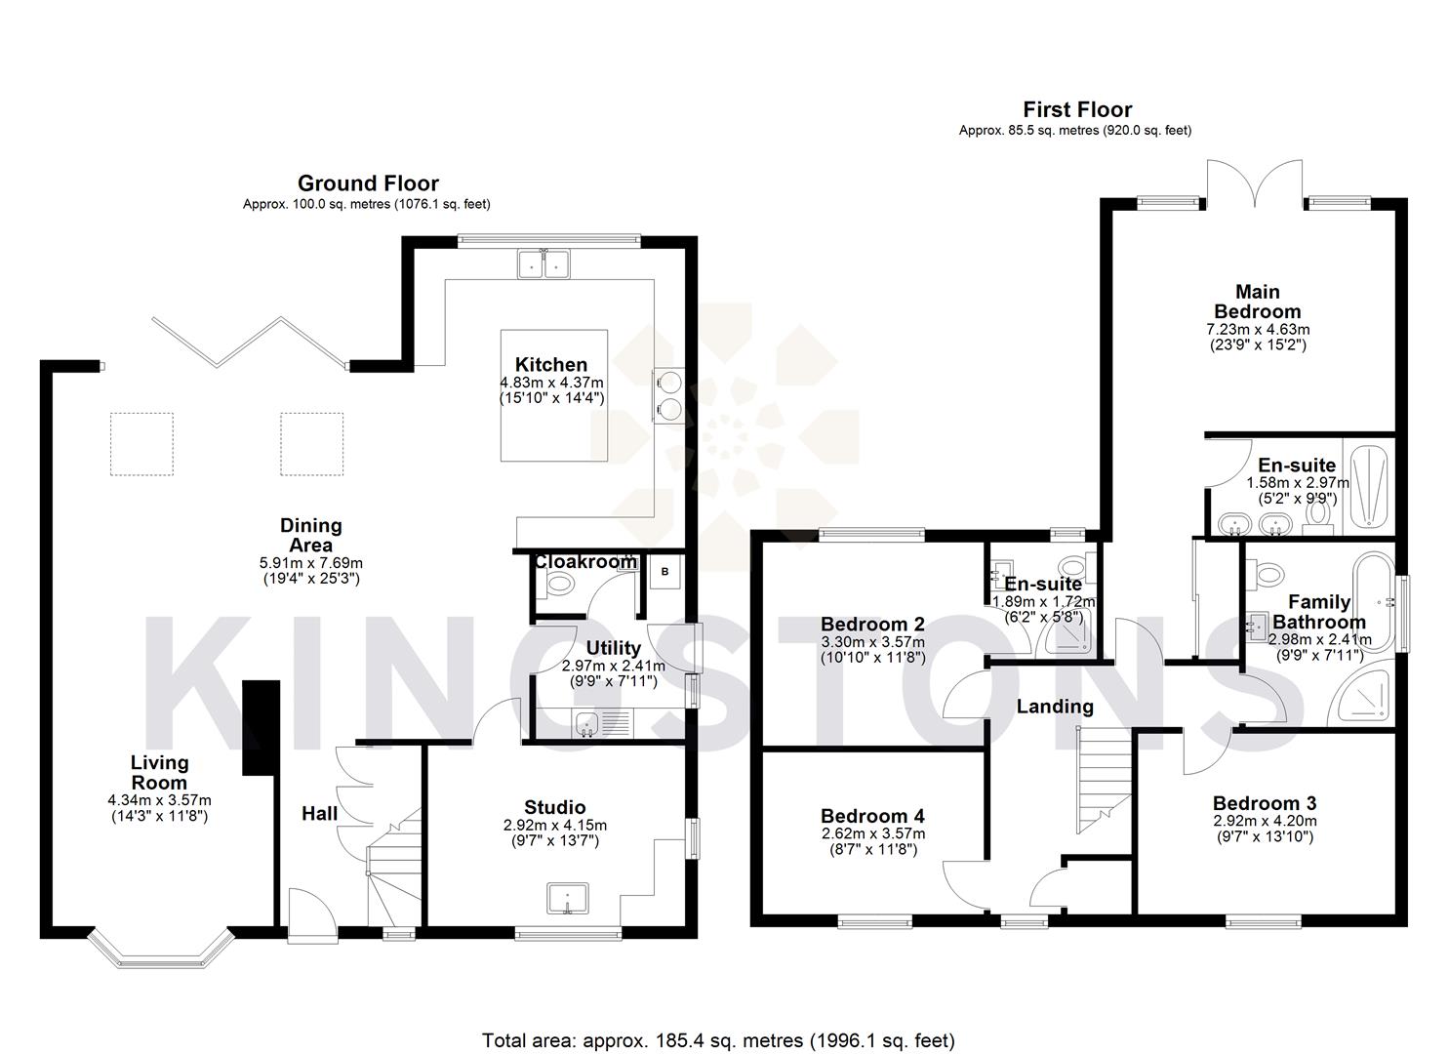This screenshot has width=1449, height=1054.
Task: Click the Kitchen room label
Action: click(x=551, y=365)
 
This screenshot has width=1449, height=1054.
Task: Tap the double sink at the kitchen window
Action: click(x=543, y=263)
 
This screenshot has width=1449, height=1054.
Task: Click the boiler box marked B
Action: click(x=665, y=572)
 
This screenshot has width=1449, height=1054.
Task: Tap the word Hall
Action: click(x=319, y=814)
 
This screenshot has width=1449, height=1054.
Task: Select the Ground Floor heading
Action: click(x=368, y=183)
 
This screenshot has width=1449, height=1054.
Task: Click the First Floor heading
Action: click(x=1076, y=109)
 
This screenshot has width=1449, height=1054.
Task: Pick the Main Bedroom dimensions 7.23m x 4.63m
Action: click(x=1258, y=330)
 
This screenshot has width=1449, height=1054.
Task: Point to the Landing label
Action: click(x=1055, y=706)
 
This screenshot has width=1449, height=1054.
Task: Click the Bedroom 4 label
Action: click(x=872, y=816)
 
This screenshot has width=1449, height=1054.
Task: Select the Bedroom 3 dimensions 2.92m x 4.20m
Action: click(x=1265, y=821)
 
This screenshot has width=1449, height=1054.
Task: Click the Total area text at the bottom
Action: click(x=718, y=1040)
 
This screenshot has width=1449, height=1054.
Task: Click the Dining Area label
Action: click(x=311, y=536)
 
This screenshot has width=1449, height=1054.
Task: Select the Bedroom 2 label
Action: click(x=872, y=625)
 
